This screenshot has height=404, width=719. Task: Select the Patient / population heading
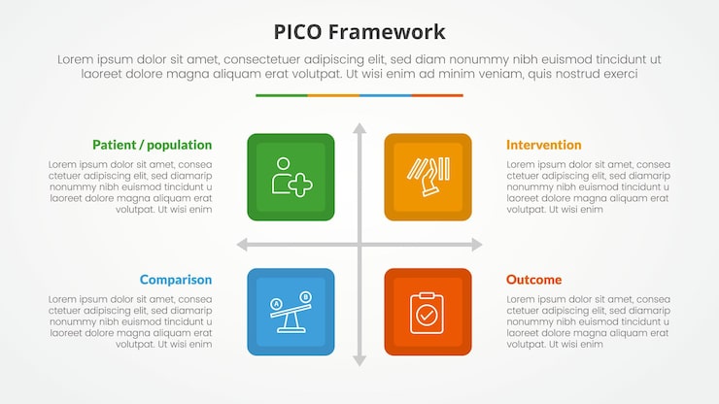click(152, 145)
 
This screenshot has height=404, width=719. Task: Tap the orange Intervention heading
click(543, 145)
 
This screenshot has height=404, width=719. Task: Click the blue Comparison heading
click(175, 280)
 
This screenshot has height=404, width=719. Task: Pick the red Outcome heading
click(533, 280)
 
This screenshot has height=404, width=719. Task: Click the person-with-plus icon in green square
click(291, 177)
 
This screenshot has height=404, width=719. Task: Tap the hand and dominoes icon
click(428, 177)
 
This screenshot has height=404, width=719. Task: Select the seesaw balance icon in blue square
click(291, 312)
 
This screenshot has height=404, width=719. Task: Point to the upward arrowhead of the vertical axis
click(359, 127)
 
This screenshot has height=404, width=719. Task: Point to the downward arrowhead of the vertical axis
click(359, 361)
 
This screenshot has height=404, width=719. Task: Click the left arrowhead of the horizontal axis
click(242, 245)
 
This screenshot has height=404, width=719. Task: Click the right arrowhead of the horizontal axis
click(477, 245)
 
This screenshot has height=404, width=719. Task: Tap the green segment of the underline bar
click(282, 95)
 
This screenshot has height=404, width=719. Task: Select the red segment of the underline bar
click(437, 95)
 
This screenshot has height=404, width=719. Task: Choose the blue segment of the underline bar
click(385, 95)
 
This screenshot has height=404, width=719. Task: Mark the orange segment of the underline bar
click(333, 95)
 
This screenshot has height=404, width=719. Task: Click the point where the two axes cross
click(359, 245)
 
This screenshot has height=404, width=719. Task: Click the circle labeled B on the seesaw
click(305, 297)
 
